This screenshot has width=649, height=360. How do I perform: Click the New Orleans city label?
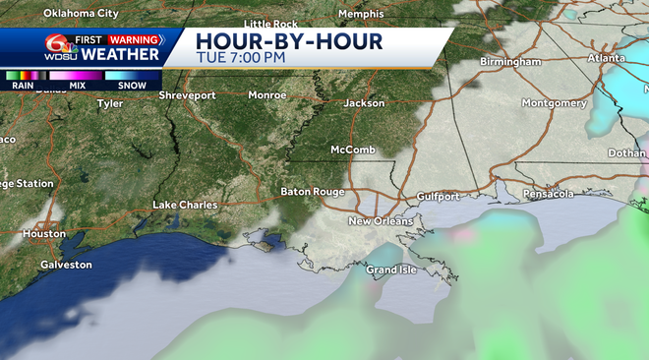(x=379, y=221)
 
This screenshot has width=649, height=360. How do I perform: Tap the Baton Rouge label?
(x=310, y=191)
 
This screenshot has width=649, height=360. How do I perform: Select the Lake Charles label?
(x=185, y=205)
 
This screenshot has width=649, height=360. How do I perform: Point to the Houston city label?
(x=44, y=234)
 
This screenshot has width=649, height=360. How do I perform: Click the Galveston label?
(x=66, y=265)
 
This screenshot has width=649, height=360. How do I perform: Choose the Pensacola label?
(x=549, y=194)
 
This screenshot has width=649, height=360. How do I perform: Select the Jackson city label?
(x=365, y=102)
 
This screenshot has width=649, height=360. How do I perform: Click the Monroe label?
(x=266, y=95)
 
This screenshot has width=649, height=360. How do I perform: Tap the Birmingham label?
(x=510, y=61)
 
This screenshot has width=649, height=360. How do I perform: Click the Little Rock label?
(x=270, y=23)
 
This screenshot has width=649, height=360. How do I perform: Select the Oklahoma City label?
(x=83, y=14)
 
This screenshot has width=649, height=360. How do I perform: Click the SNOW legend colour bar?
(x=126, y=75)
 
